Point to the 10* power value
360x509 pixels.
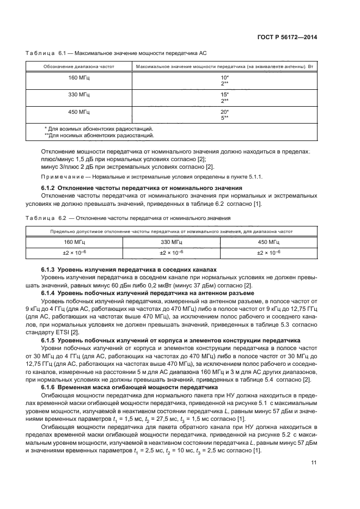224,77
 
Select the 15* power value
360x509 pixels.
224,95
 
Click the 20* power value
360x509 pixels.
224,112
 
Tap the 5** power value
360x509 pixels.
224,117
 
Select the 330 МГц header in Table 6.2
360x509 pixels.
171,241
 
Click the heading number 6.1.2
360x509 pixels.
50,188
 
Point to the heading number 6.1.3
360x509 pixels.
50,269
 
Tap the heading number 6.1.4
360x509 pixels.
50,292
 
